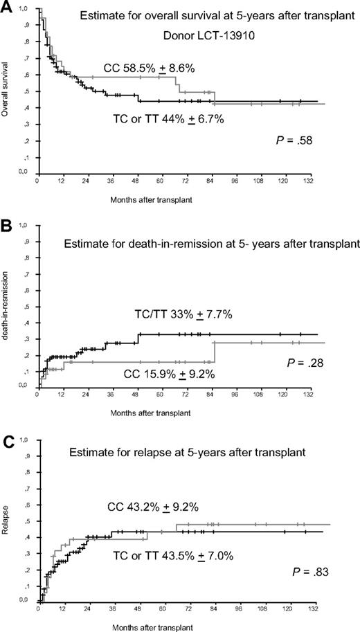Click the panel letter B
click(7, 225)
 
